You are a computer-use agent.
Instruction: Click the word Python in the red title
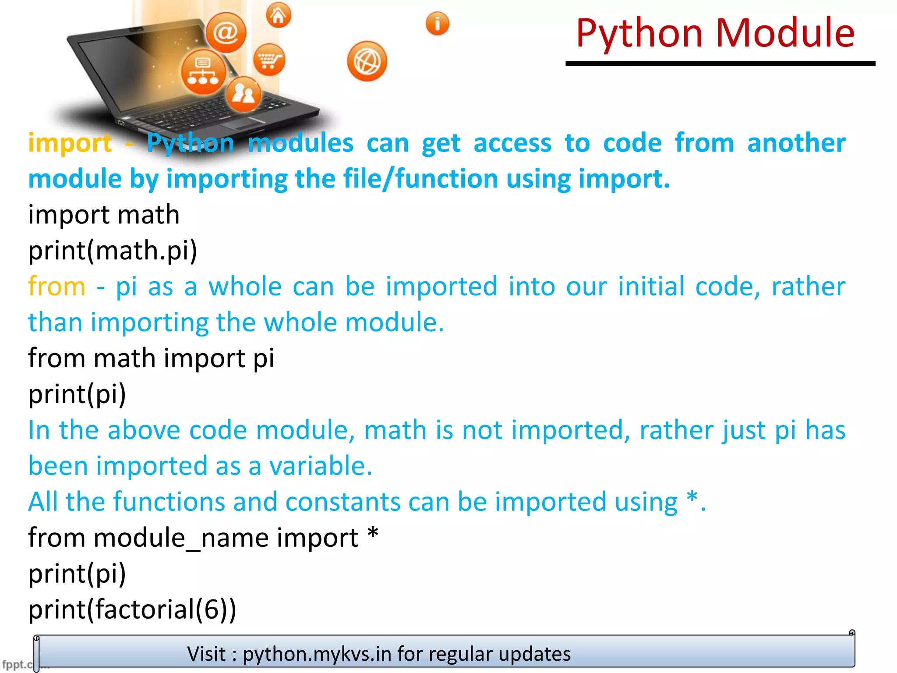639,33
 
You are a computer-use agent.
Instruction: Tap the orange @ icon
226,32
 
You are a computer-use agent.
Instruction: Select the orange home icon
279,15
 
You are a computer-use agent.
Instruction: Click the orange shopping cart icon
269,60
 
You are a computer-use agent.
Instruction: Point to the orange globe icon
367,62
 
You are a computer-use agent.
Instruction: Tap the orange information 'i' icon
437,23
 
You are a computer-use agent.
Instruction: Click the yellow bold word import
70,143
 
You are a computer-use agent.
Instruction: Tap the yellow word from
57,287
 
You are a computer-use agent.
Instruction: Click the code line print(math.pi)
113,251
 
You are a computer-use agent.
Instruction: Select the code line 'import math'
104,215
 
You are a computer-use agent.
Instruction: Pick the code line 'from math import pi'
151,358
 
